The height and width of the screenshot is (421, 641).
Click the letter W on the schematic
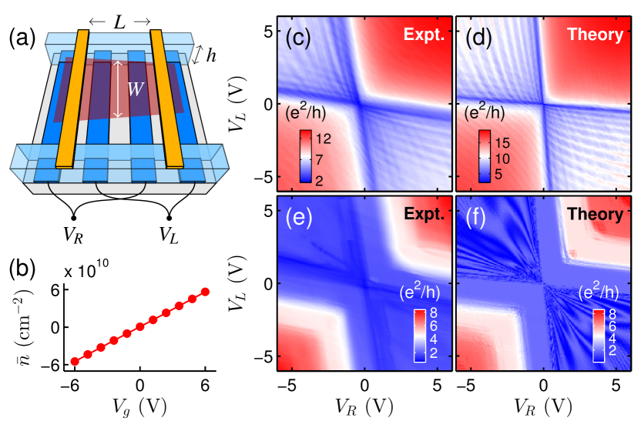click(136, 89)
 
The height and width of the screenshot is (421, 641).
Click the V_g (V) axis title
click(140, 405)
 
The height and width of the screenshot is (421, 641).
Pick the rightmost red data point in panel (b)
click(205, 292)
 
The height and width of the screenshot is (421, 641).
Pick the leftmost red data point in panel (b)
click(75, 361)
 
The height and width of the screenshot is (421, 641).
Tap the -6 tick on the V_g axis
click(73, 385)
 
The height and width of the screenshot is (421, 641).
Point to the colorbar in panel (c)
click(300, 157)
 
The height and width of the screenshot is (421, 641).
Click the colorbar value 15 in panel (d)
click(501, 139)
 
